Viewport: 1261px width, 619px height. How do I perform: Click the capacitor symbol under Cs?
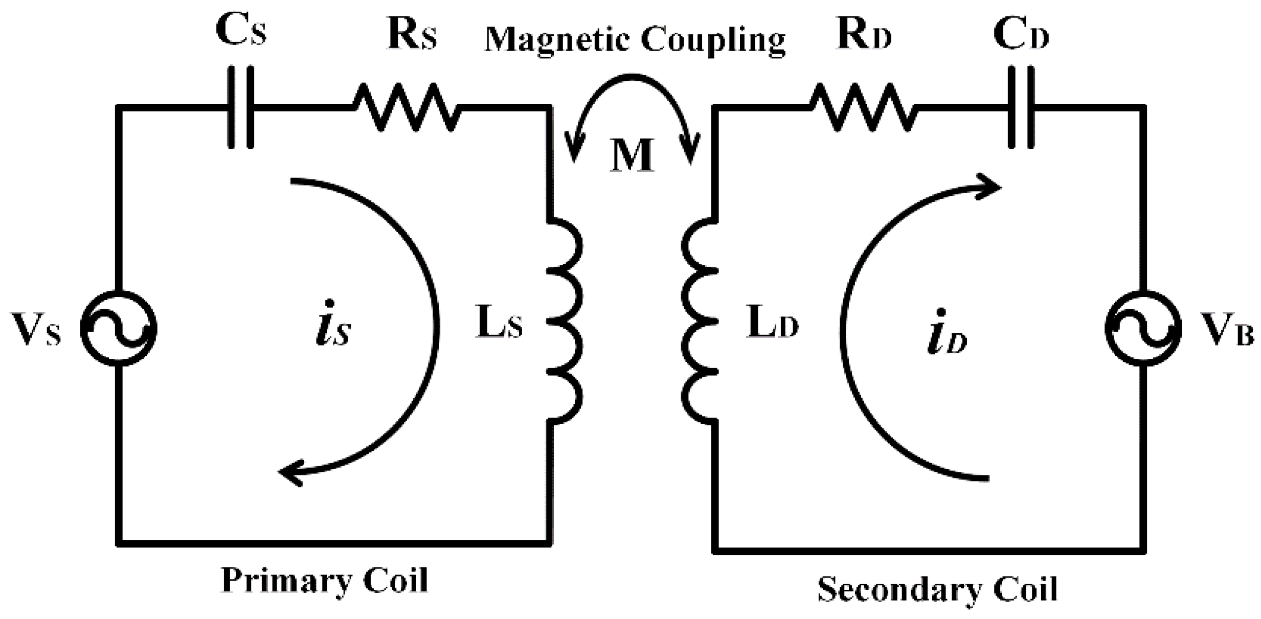coord(240,107)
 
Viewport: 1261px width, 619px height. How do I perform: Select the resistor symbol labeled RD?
coord(863,107)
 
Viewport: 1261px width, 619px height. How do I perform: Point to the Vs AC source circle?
coord(119,328)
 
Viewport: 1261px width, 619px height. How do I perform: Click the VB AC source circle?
coord(1143,328)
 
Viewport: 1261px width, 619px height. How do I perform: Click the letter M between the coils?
coord(632,155)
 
